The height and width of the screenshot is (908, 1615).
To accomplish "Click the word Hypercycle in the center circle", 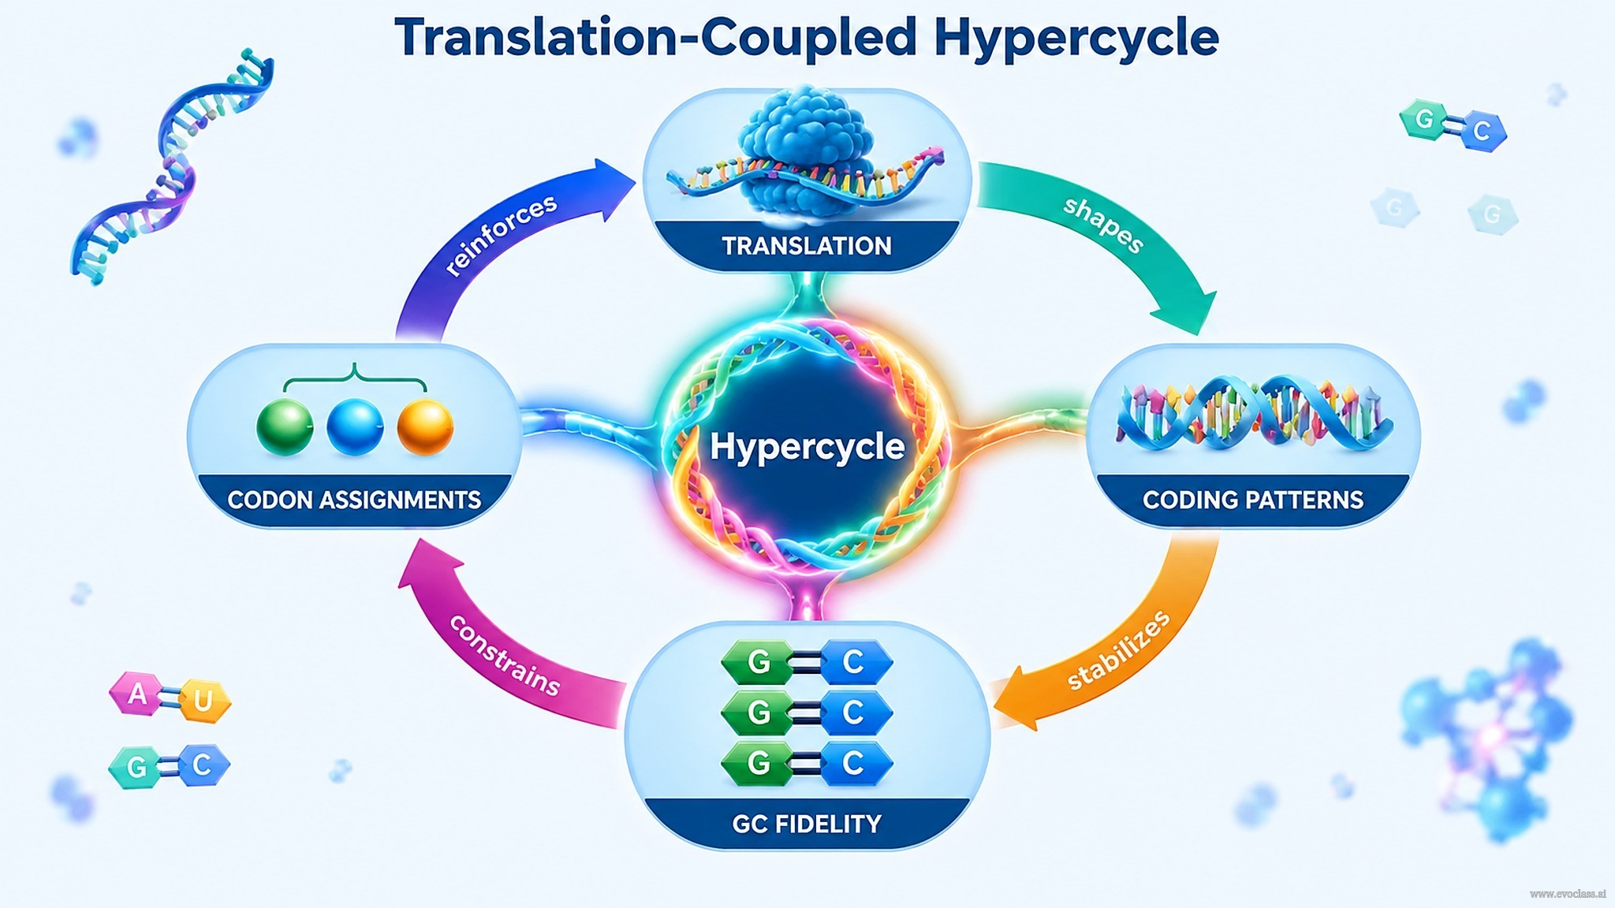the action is click(807, 447).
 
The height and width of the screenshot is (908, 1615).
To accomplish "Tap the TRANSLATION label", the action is click(807, 246).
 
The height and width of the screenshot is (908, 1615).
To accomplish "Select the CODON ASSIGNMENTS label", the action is click(354, 500).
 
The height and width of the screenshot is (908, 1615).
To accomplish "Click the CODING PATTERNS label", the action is click(1253, 500).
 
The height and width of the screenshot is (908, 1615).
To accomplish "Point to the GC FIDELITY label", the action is click(807, 824).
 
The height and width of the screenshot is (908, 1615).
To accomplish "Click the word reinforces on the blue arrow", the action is click(501, 235).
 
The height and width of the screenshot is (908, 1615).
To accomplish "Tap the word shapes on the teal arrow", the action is click(1103, 225).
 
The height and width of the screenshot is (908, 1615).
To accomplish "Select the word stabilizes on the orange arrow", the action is click(1118, 650).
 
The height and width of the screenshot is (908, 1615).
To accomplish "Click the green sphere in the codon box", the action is click(285, 426).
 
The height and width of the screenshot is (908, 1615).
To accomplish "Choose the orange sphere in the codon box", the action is click(425, 426).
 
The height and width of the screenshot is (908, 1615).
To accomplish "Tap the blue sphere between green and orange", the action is click(355, 426).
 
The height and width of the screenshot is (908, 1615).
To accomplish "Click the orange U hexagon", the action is click(203, 701).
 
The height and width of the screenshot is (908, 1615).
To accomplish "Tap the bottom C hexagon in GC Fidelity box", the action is click(855, 763).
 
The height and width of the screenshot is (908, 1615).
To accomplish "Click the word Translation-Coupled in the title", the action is click(655, 38).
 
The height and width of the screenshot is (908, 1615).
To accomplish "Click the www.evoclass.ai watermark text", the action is click(1568, 894).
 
